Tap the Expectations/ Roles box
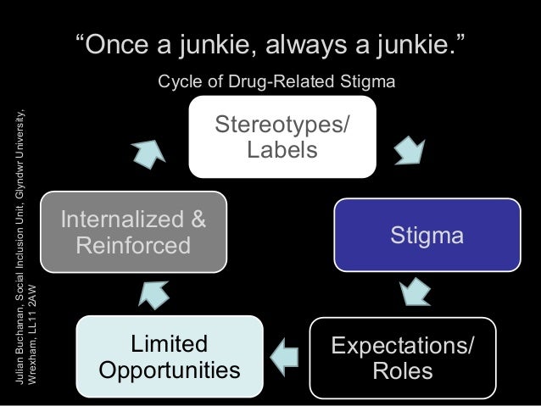(402, 358)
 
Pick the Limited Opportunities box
(169, 356)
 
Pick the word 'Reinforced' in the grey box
(132, 247)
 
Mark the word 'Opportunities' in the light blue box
(169, 371)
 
